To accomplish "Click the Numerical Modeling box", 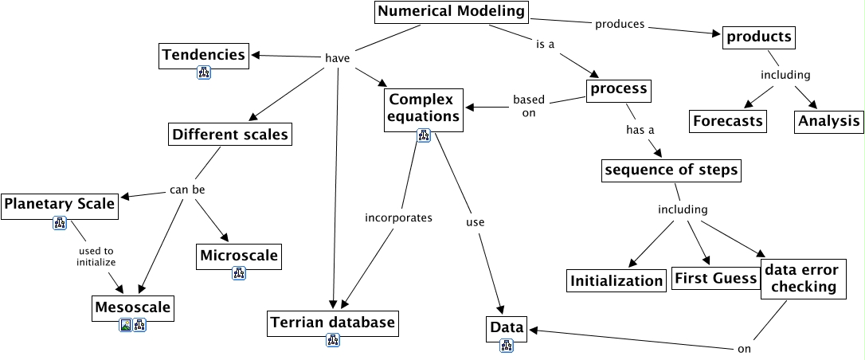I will (451, 12).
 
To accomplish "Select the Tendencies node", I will (203, 55).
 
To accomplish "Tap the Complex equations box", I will (424, 108).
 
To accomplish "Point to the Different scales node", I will (229, 135).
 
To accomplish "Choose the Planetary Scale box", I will (60, 205).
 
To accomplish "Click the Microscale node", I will (239, 256).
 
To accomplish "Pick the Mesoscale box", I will (132, 307).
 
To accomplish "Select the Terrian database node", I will (332, 323).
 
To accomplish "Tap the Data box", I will (507, 327).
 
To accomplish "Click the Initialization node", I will (616, 280).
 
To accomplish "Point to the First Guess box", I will (715, 278).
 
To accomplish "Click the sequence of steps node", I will (671, 170).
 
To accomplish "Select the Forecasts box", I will (727, 121).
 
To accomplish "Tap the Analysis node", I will (828, 121).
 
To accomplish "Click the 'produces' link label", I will (619, 24).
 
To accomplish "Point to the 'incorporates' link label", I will (398, 217).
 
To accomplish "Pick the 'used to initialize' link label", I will (96, 256).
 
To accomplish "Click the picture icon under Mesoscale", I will (125, 325).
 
